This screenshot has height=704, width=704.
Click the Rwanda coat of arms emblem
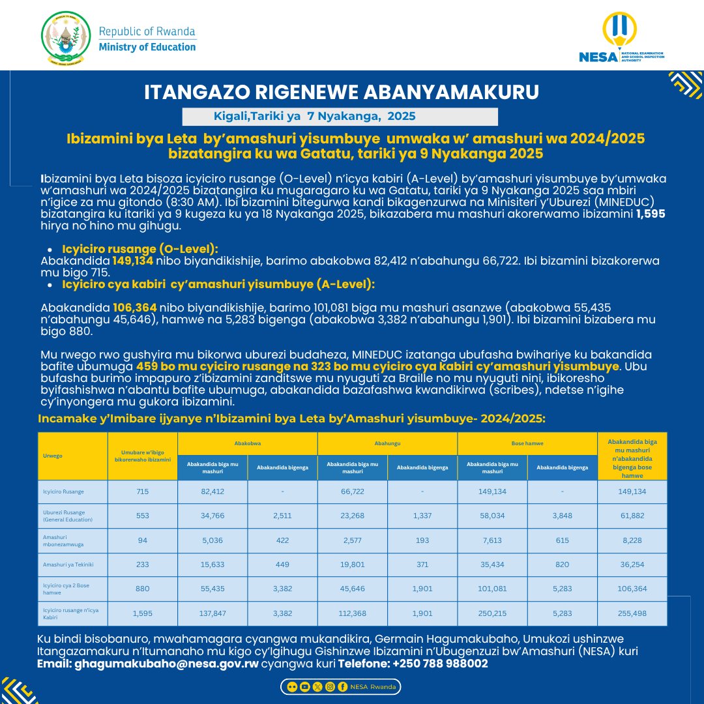66,38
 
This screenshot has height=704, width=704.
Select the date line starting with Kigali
314,117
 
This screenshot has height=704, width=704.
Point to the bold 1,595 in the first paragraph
651,214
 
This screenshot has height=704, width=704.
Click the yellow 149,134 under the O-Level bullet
132,261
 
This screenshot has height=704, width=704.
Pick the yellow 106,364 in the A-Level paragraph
134,307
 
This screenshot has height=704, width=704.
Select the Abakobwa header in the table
247,443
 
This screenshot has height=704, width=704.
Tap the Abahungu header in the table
387,443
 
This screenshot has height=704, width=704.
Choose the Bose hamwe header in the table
527,443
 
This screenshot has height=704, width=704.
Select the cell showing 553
142,516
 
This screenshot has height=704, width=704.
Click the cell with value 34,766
213,516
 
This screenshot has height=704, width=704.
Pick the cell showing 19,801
352,565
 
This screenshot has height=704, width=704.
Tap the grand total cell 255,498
632,613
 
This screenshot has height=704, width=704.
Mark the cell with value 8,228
632,540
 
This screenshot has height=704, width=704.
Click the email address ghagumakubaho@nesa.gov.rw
166,664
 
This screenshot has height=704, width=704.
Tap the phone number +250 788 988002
440,664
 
